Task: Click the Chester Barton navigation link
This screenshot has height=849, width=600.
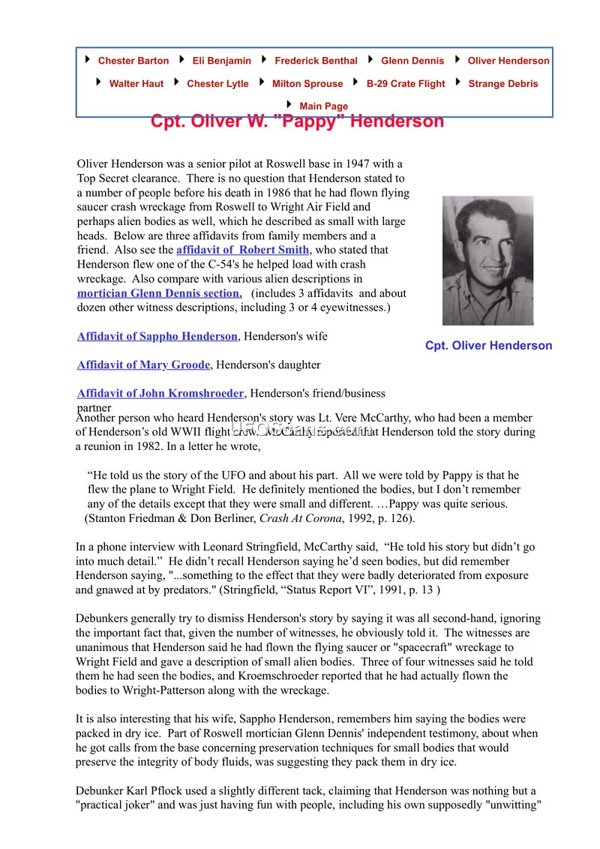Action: (133, 61)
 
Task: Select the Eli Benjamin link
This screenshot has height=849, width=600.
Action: (221, 61)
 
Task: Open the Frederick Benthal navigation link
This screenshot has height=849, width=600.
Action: (316, 61)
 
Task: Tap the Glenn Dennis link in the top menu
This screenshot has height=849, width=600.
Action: (412, 61)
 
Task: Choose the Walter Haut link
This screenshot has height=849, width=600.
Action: (136, 84)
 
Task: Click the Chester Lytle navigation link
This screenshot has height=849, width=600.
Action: (217, 84)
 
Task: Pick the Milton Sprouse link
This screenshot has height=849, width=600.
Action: (307, 84)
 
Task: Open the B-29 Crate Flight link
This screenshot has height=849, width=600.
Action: (405, 84)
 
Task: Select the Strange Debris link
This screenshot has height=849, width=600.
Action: (502, 84)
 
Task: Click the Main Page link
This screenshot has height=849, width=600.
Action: (323, 106)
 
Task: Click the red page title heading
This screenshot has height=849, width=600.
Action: (297, 121)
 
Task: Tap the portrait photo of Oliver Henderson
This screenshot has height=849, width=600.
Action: (487, 260)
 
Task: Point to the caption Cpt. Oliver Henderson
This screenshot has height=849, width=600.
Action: (488, 346)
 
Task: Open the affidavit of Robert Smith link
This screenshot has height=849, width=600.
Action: (242, 250)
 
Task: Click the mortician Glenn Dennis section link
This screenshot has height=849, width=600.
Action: (159, 293)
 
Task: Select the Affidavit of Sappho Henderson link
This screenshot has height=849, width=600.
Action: (157, 337)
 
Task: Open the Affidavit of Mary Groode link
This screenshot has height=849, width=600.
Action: (143, 365)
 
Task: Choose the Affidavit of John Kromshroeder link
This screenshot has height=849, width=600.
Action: (160, 393)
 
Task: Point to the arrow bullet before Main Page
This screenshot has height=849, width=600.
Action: (289, 105)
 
